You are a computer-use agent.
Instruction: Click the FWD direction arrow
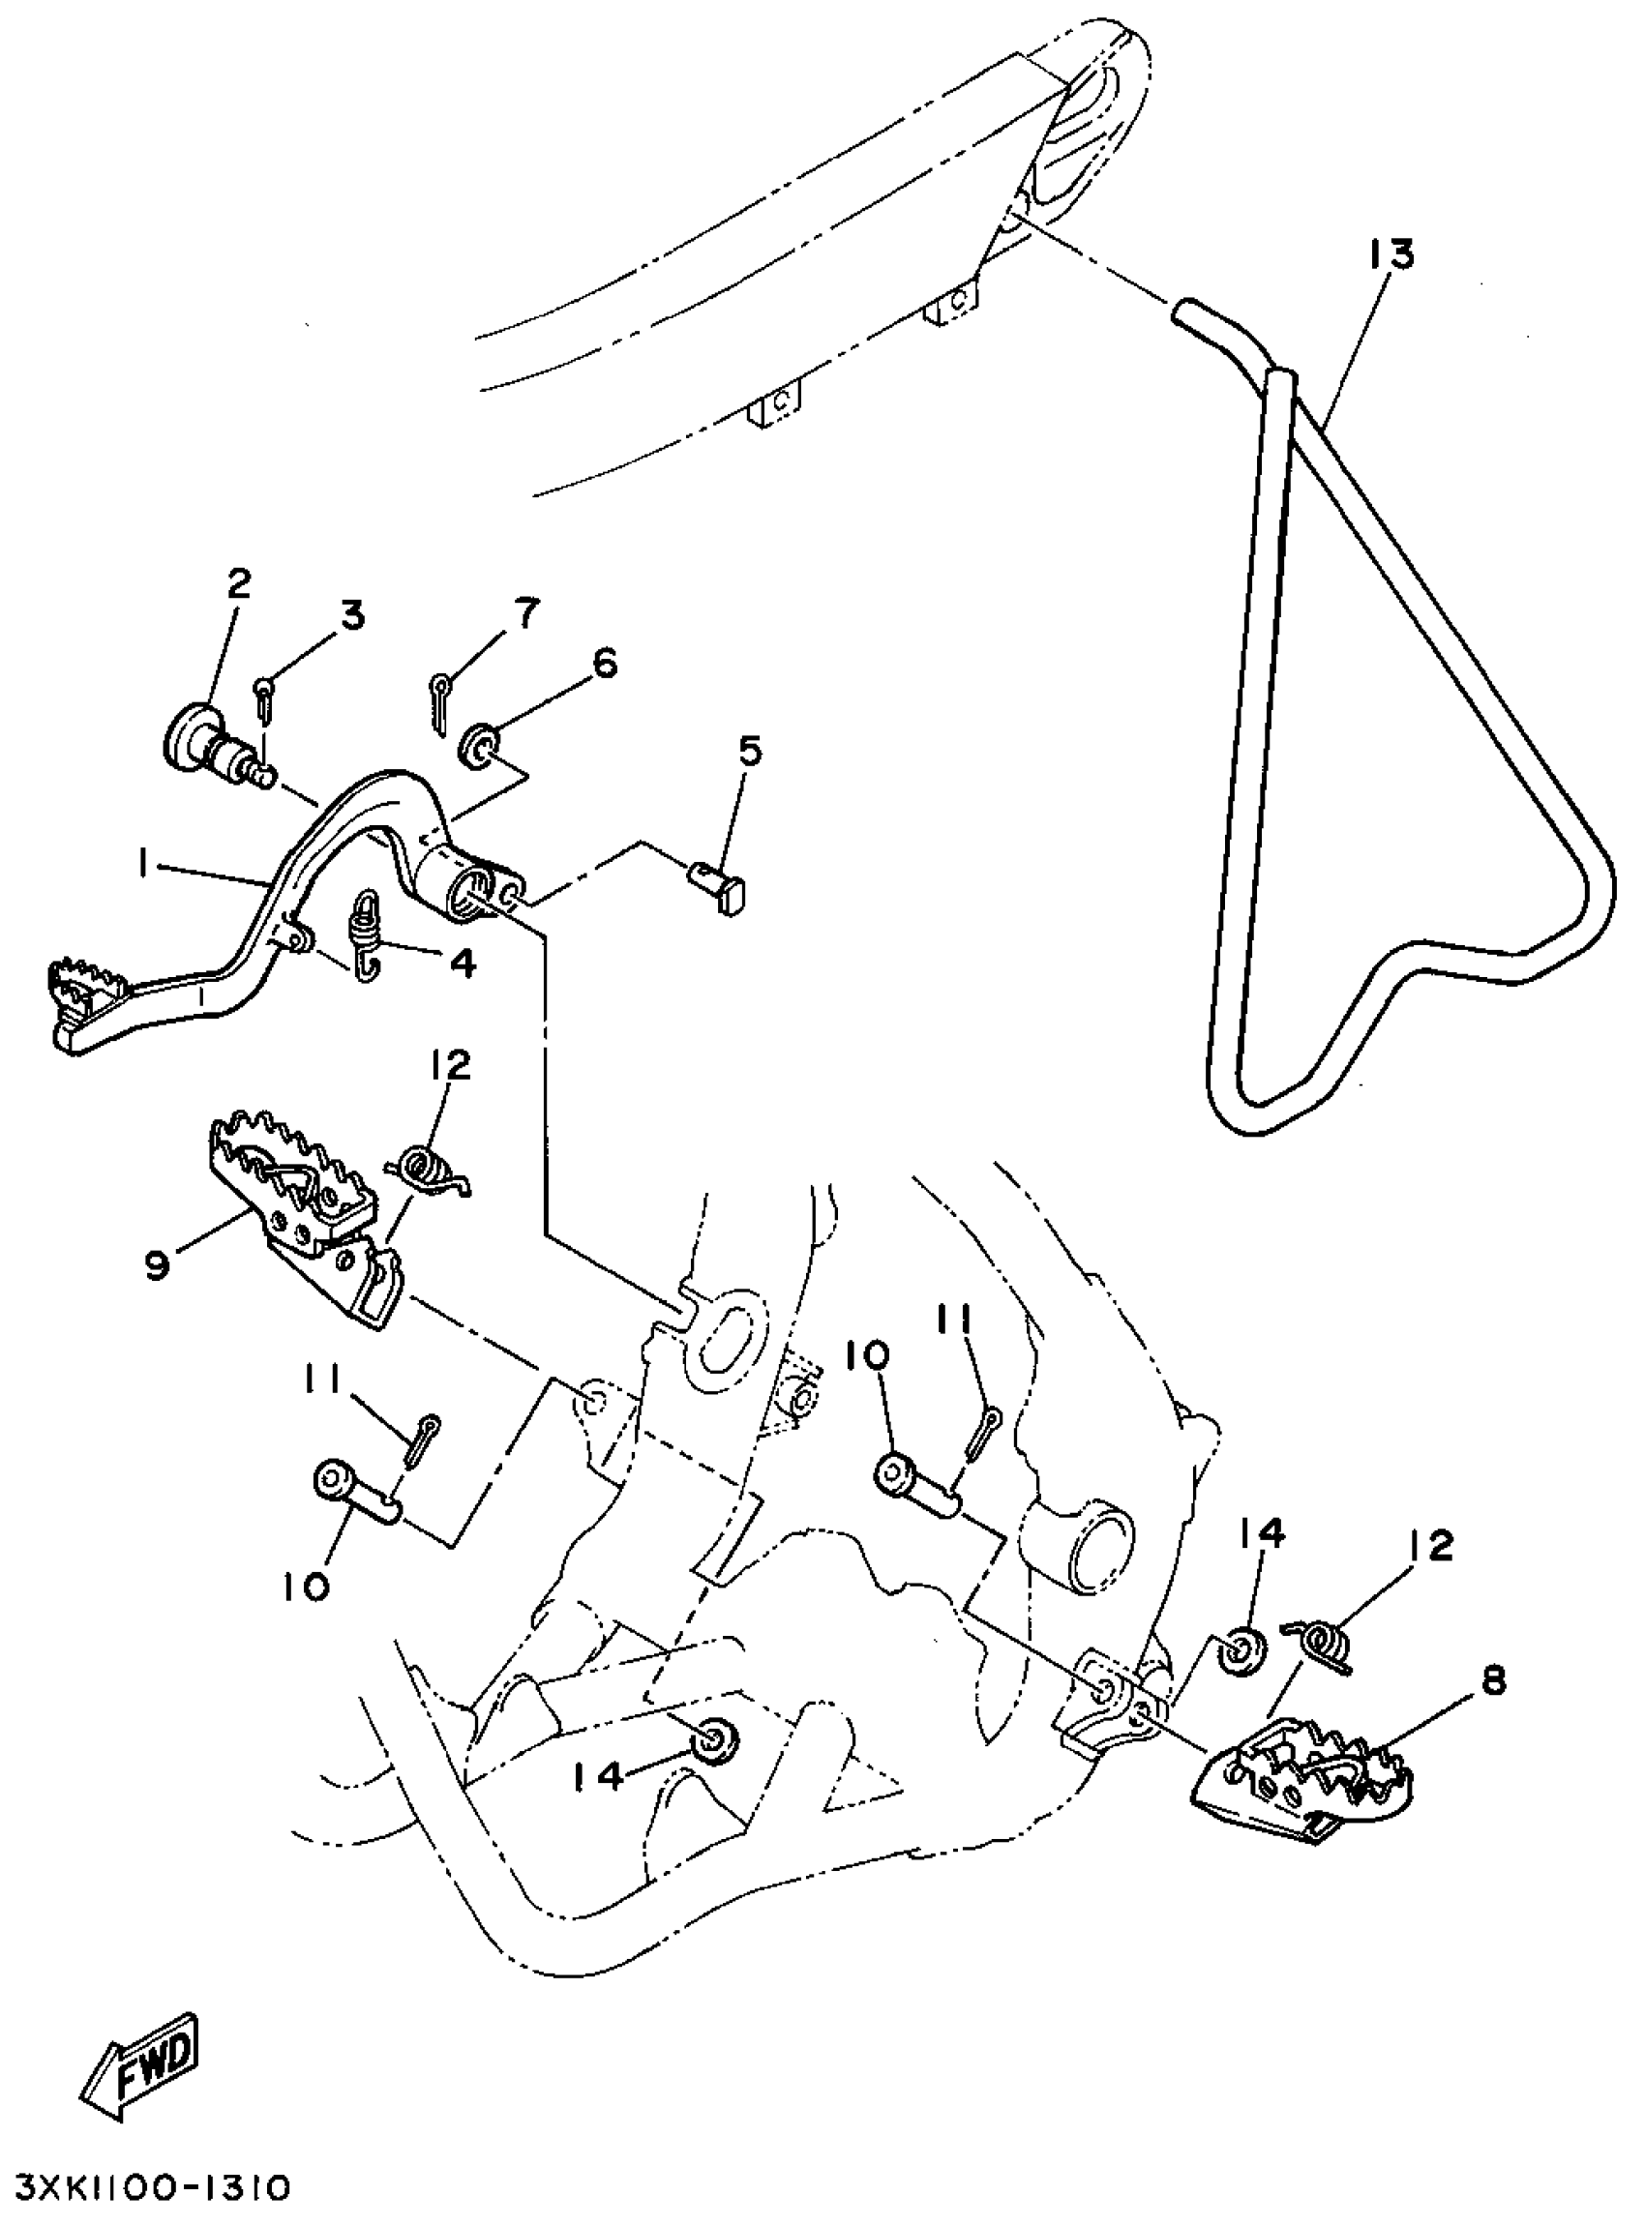tap(142, 2076)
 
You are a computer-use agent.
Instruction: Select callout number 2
tap(239, 583)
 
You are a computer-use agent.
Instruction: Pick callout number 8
tap(1494, 1681)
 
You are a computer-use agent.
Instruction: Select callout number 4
tap(464, 963)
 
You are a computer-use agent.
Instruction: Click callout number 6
tap(605, 663)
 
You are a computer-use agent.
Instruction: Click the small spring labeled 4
tap(366, 934)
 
